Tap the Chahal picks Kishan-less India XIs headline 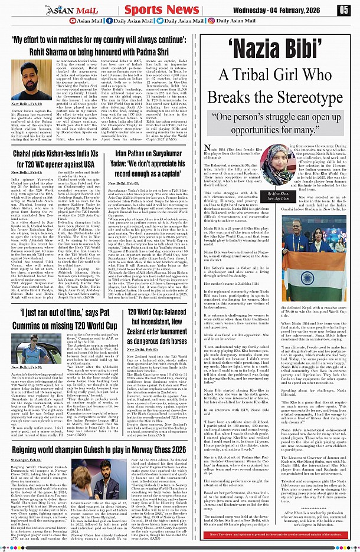55,159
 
